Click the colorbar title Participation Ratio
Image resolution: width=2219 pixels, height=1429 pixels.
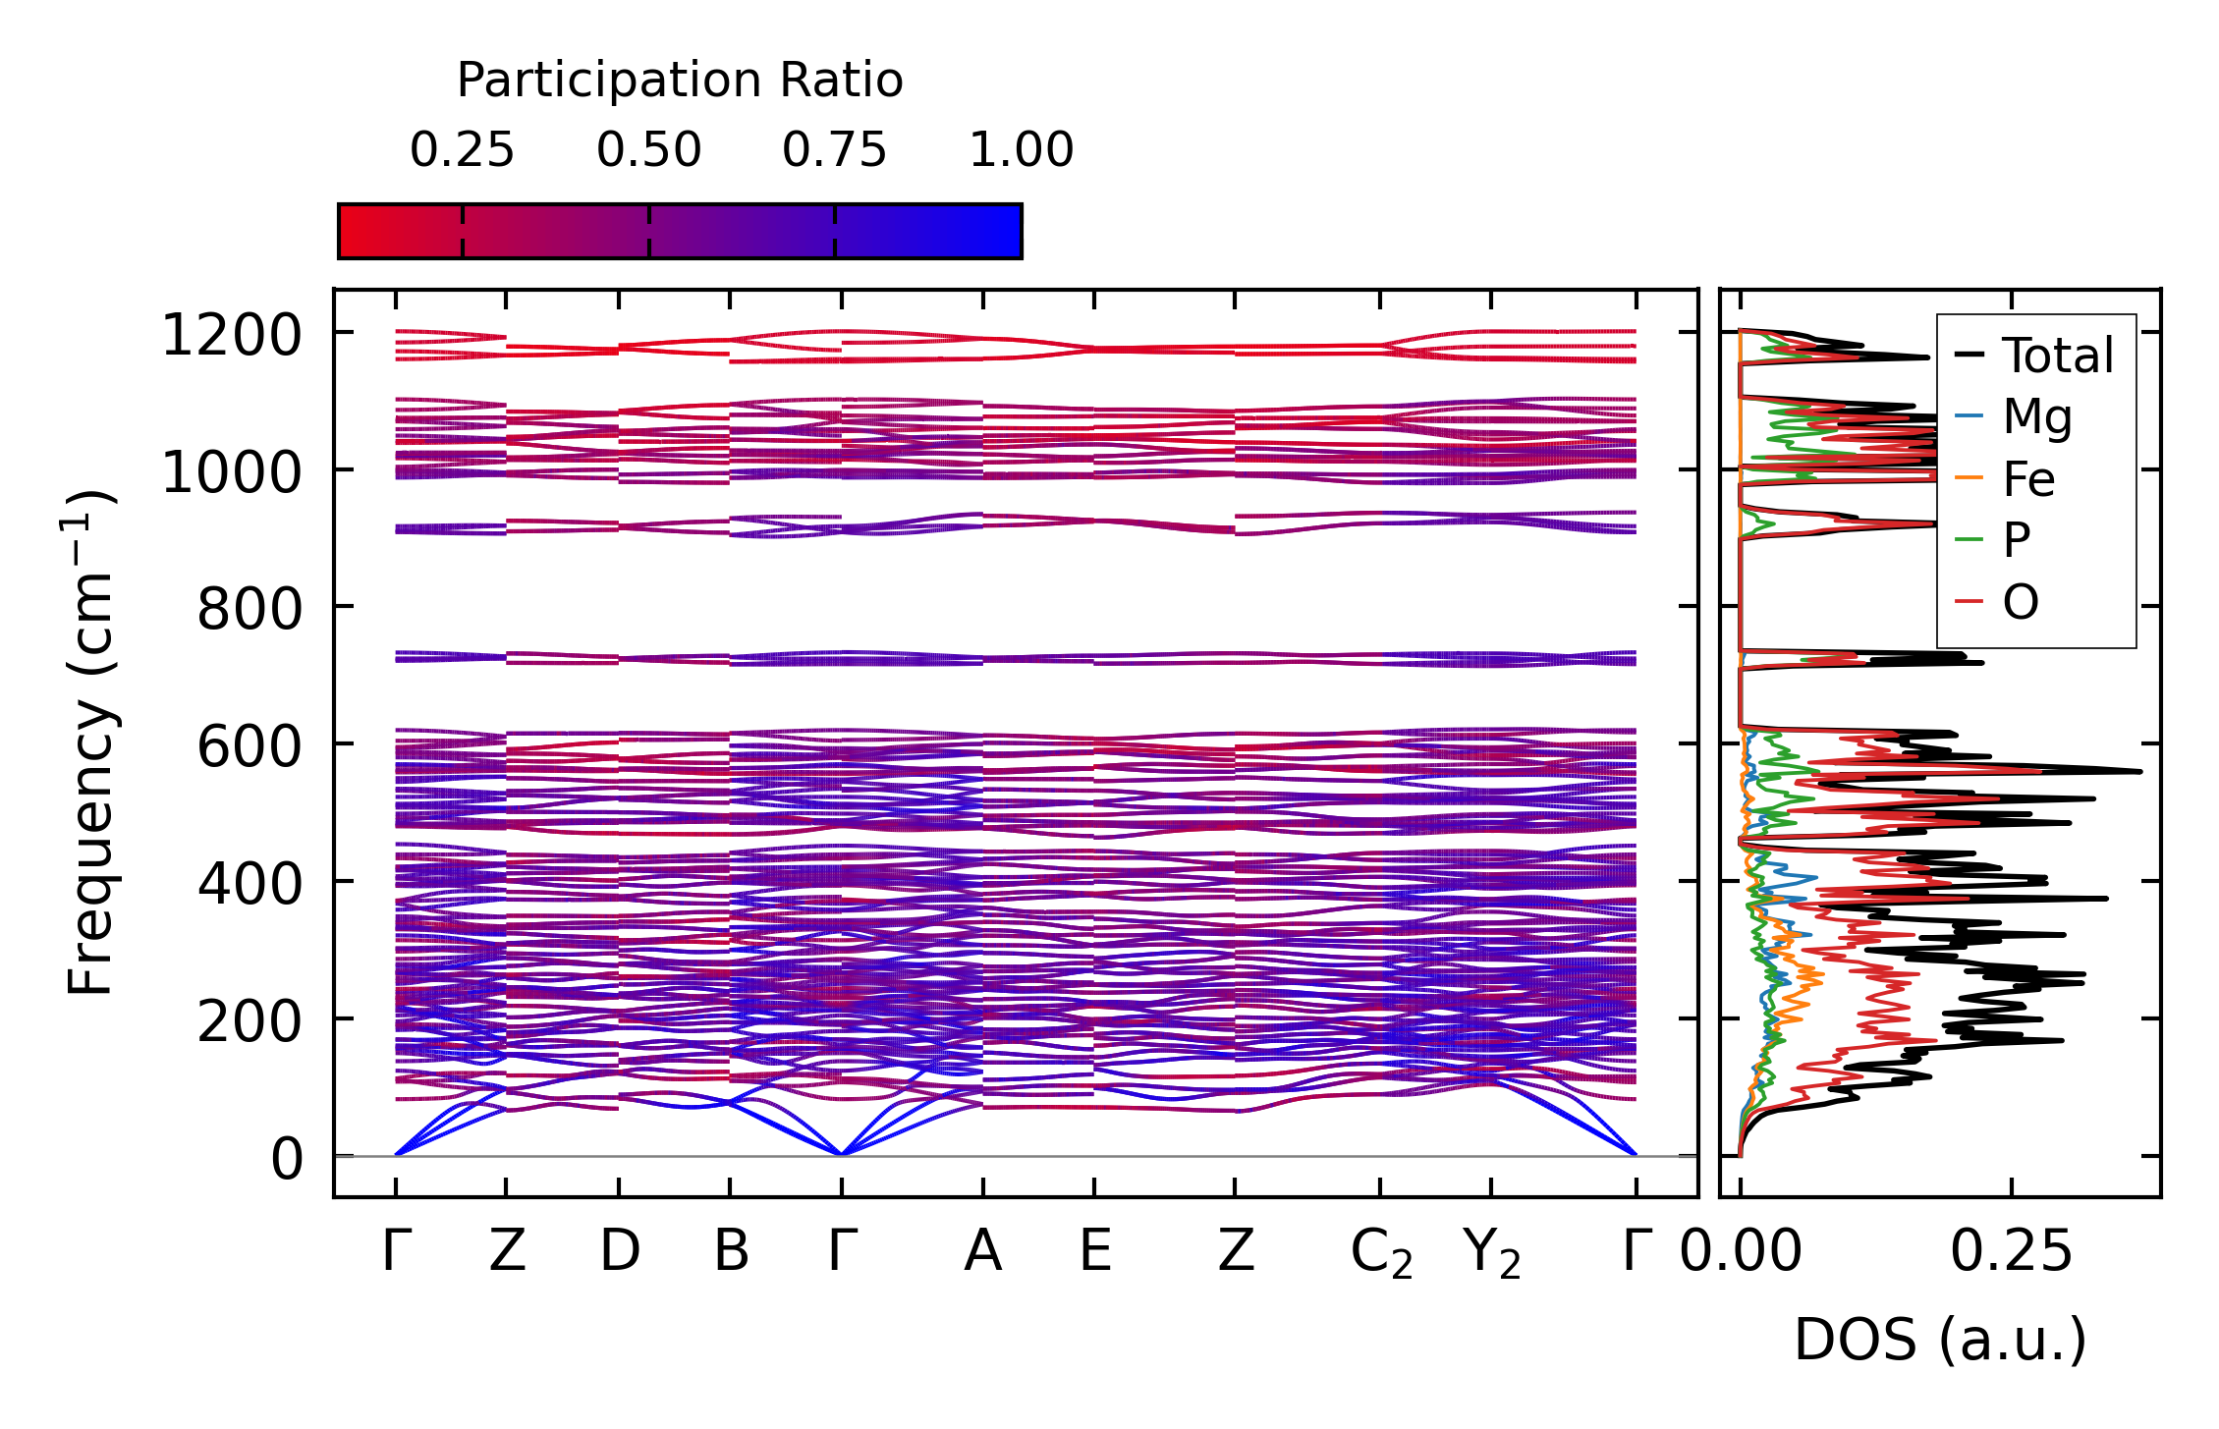pos(680,81)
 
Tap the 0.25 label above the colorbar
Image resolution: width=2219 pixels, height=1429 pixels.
pos(462,150)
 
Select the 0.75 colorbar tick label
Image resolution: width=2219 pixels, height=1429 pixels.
pos(834,150)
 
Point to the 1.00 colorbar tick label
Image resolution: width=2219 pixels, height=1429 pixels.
pos(1022,150)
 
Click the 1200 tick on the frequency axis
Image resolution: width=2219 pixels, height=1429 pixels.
pos(231,336)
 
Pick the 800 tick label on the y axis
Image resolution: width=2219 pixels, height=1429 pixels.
pos(250,610)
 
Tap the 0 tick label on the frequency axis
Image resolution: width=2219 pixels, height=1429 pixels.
pos(287,1159)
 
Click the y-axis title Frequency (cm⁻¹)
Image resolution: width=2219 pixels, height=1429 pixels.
pos(90,742)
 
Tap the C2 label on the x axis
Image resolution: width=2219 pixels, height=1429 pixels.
pos(1381,1254)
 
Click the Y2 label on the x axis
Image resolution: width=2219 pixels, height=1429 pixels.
pos(1491,1254)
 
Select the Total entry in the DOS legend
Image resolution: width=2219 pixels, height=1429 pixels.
pos(2057,356)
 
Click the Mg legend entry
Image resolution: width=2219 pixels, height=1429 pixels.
pos(2037,417)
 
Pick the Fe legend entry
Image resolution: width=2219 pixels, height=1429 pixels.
pos(2028,479)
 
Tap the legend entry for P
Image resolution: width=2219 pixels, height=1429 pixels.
pos(2017,540)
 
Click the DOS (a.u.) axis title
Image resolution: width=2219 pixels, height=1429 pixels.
pos(1940,1341)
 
